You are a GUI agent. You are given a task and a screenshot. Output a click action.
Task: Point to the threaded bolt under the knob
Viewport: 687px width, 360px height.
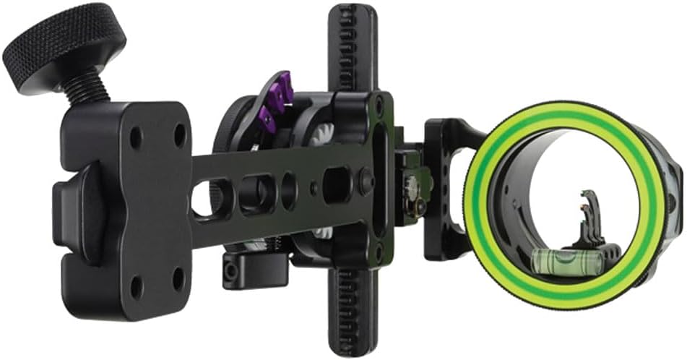click(x=87, y=90)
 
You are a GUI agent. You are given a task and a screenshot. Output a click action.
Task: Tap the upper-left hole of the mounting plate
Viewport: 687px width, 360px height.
click(x=135, y=137)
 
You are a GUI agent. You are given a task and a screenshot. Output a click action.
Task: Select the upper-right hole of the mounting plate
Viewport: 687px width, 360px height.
click(x=178, y=134)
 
